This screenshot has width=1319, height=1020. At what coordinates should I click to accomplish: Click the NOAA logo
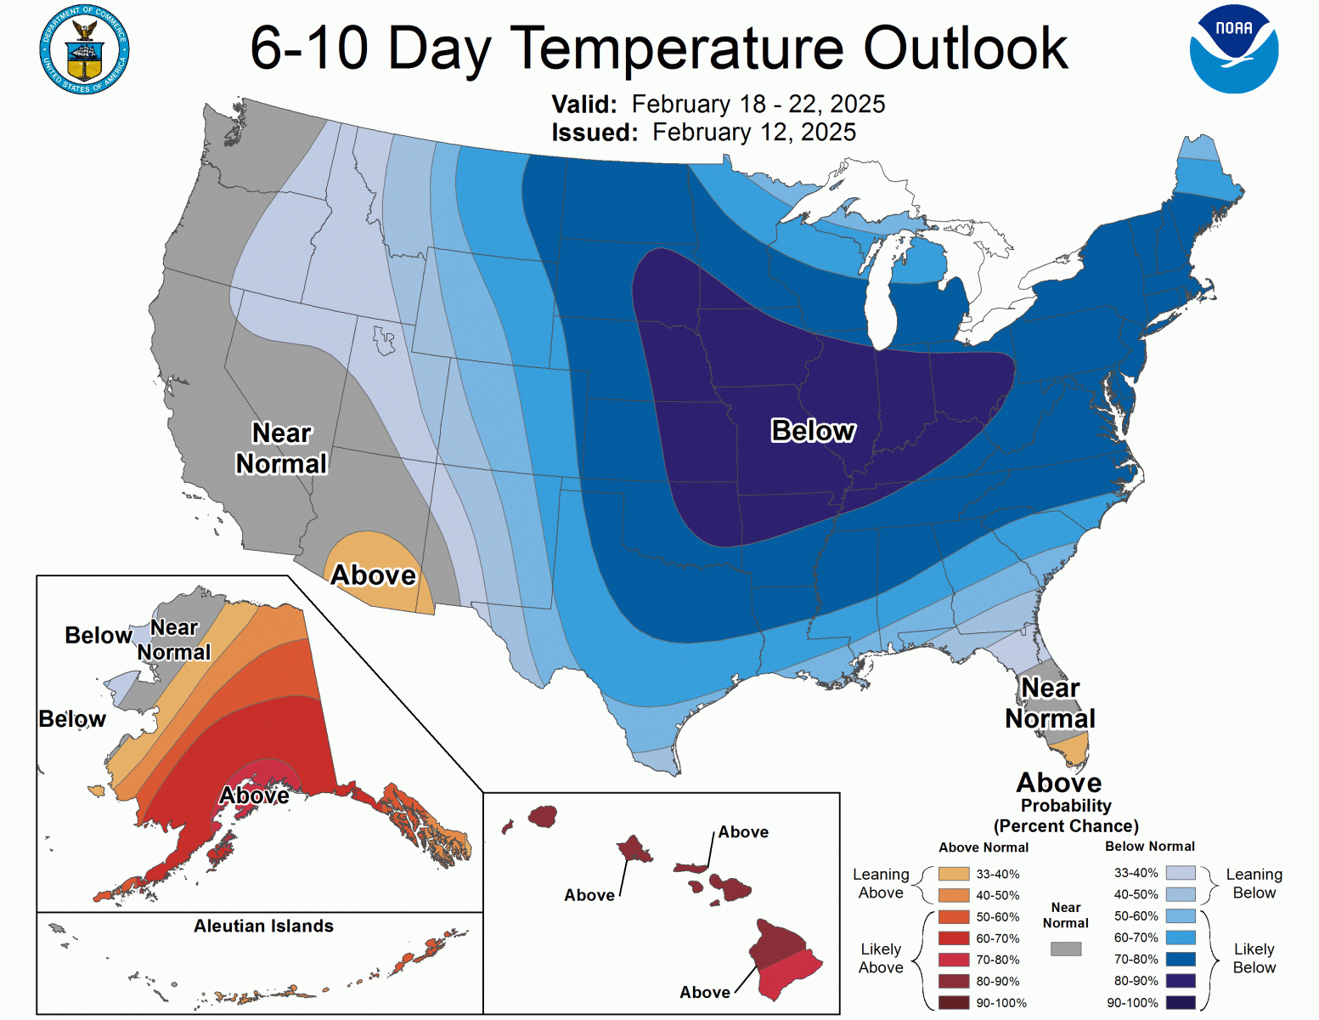1233,49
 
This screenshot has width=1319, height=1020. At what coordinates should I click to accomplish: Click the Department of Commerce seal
84,50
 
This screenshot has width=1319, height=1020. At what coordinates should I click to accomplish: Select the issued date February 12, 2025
753,133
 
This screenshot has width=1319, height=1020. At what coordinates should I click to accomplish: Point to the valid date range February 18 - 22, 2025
758,104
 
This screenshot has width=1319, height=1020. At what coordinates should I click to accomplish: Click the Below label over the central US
813,431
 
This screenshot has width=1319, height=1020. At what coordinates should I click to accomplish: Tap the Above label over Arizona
373,575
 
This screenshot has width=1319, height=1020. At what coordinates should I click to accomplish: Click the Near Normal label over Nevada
281,448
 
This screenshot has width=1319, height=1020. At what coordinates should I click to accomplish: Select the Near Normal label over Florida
1050,703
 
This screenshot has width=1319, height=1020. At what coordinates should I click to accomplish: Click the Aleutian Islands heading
263,926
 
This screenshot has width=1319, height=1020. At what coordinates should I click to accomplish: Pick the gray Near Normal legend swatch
1065,949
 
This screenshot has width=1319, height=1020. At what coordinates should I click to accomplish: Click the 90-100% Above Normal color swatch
953,1003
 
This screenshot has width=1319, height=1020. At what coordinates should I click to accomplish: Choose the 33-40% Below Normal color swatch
1181,873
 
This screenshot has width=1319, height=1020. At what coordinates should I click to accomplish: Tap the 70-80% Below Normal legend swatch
1181,960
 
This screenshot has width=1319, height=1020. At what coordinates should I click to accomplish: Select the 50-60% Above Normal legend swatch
953,917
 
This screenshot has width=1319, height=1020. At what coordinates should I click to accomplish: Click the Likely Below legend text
1254,958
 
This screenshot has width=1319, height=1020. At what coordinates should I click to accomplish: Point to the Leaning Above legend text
881,883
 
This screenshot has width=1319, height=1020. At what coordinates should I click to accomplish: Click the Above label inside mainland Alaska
254,796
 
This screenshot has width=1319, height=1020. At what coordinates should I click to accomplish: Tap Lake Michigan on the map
881,297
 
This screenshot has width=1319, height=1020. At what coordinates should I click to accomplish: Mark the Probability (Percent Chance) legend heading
1066,816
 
